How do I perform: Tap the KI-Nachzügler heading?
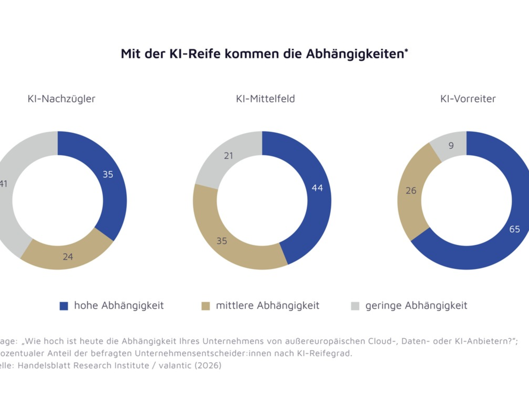(61, 99)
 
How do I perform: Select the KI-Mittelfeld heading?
(265, 99)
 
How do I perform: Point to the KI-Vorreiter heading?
(468, 99)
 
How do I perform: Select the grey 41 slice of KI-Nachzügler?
(7, 190)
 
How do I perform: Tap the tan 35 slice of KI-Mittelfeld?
(225, 240)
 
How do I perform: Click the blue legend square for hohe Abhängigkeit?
(64, 306)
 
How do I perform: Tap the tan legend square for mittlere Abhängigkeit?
(206, 306)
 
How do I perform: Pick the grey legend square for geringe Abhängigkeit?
(355, 306)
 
